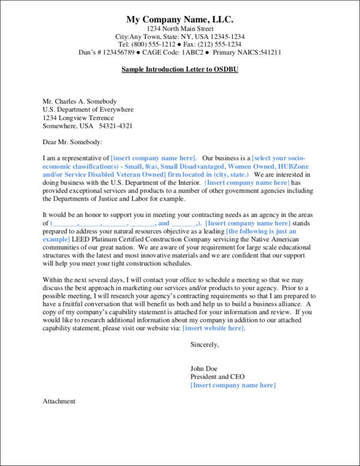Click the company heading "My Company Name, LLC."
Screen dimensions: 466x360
point(180,19)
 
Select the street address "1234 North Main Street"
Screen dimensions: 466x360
point(180,29)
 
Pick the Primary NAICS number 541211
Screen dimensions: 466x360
point(266,53)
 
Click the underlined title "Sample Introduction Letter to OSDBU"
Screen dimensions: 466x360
point(180,69)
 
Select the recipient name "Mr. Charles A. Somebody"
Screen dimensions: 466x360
point(79,101)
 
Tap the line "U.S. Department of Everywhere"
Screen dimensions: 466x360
point(88,110)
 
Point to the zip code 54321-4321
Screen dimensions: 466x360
point(116,127)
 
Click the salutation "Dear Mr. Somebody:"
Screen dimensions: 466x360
point(72,142)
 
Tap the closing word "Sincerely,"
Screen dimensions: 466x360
point(205,345)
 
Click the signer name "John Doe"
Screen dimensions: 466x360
point(204,368)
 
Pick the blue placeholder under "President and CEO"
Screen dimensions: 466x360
point(233,385)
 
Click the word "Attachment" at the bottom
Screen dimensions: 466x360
point(59,401)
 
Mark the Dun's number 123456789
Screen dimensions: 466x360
point(125,53)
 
